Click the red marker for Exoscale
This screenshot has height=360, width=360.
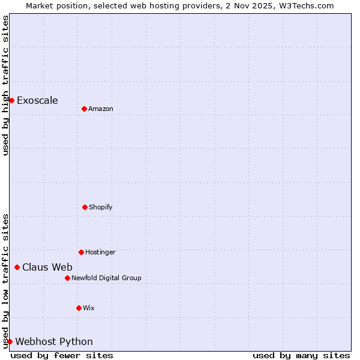click(x=11, y=100)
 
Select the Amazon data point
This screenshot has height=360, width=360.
click(x=84, y=109)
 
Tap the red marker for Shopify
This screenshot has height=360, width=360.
click(x=85, y=207)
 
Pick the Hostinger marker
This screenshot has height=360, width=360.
click(x=81, y=252)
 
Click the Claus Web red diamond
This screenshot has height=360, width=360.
click(x=17, y=267)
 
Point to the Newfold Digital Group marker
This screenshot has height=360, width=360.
click(x=67, y=278)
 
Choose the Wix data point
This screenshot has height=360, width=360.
click(x=79, y=308)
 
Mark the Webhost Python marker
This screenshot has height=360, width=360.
click(x=10, y=341)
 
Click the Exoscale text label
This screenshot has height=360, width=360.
click(x=37, y=100)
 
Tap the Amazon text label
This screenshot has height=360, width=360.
click(x=101, y=109)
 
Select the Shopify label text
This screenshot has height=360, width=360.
click(x=101, y=207)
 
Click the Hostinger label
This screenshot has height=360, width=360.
click(x=100, y=252)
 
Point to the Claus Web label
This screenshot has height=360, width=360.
click(x=47, y=267)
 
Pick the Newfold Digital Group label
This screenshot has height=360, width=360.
click(x=106, y=278)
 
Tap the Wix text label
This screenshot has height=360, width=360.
click(x=89, y=308)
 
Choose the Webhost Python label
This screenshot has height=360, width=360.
click(x=54, y=341)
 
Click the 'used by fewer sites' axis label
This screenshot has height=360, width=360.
click(x=62, y=355)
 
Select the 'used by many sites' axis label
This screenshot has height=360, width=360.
click(x=301, y=355)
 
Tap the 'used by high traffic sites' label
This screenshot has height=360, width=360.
click(x=5, y=85)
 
